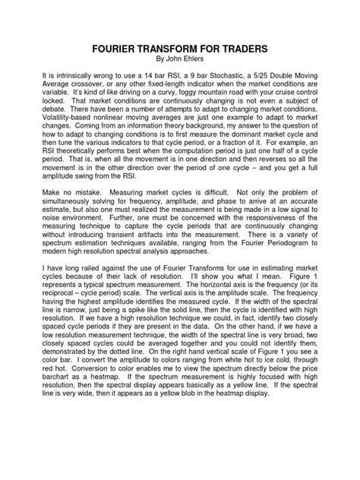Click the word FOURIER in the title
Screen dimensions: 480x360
tap(120, 47)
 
